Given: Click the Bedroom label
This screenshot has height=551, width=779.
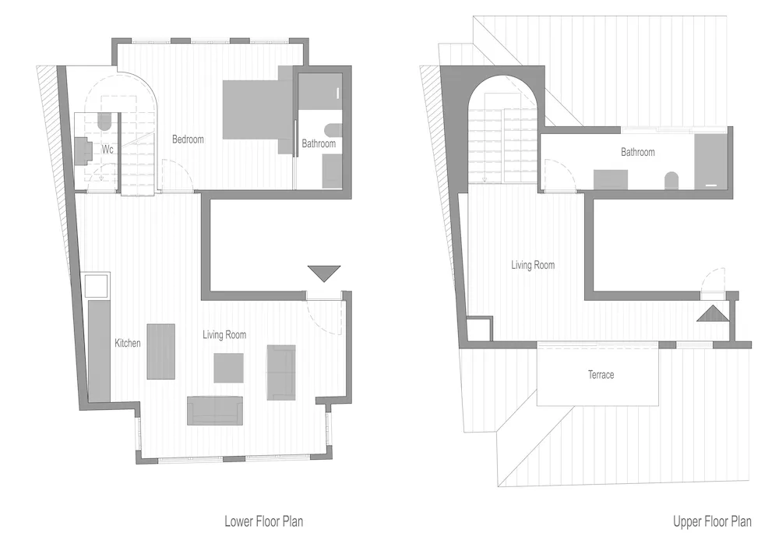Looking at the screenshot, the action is [188, 140].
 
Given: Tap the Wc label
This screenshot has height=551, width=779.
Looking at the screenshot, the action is [108, 149].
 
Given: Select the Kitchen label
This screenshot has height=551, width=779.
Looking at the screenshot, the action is [128, 343].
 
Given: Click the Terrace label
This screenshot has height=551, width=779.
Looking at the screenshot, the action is [601, 375].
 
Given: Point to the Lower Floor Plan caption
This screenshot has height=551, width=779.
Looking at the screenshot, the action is [264, 521].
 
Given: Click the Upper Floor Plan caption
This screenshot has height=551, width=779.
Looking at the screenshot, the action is [712, 521].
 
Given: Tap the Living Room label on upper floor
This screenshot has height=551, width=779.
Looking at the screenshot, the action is [533, 265].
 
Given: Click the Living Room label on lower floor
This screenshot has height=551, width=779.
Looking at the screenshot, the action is [224, 334].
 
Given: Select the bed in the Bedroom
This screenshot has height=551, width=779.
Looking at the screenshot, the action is [257, 110].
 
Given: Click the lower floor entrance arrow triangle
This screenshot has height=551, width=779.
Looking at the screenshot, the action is [324, 273].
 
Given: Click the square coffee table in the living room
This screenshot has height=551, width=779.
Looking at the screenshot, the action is [228, 368].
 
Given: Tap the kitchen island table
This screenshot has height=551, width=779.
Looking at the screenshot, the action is [161, 351].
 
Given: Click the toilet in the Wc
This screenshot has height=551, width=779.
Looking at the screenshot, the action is [104, 122].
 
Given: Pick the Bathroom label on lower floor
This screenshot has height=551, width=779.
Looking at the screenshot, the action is [319, 143].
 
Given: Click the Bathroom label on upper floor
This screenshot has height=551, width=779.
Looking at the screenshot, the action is [637, 152].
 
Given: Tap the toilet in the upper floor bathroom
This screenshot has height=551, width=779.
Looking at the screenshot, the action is [671, 180].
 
